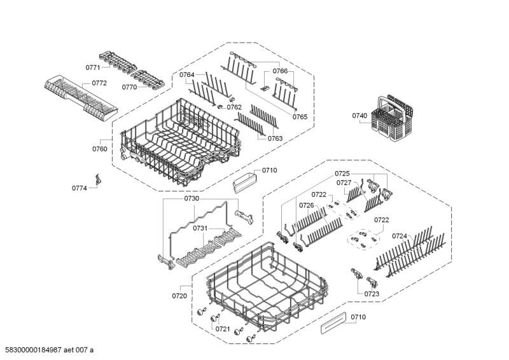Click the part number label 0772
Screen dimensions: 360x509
(x=99, y=83)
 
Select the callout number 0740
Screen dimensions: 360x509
(x=359, y=116)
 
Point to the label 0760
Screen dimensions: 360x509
(x=99, y=149)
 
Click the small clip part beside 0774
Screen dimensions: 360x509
(x=97, y=181)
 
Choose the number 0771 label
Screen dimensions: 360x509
(x=93, y=67)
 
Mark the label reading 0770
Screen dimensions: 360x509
(x=129, y=88)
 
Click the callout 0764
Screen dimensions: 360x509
(x=186, y=75)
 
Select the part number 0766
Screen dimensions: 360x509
(x=281, y=71)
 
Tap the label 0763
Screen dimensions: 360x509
(x=275, y=138)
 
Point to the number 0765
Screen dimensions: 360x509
(x=300, y=117)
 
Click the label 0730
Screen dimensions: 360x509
(x=192, y=199)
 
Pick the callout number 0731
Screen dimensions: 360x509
(x=200, y=228)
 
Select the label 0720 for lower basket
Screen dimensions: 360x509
(x=180, y=296)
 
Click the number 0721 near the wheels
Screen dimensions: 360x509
(x=222, y=329)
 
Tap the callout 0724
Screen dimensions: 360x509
(x=400, y=236)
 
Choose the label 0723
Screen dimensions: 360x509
(x=372, y=294)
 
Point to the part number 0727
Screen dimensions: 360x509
(x=344, y=183)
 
